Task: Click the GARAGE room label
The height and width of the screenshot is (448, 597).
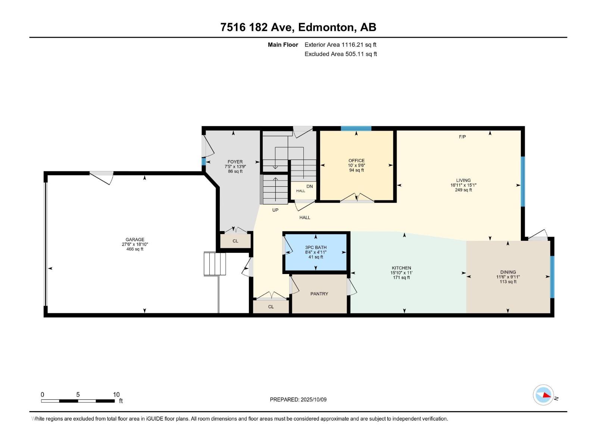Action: click(x=135, y=240)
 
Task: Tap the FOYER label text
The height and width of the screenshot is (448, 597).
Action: click(x=235, y=162)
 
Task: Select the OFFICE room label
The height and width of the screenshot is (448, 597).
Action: click(x=356, y=161)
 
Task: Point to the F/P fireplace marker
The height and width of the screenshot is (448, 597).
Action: click(x=462, y=137)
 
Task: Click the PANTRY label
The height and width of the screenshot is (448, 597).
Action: click(x=319, y=294)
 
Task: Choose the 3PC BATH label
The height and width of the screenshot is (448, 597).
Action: click(x=316, y=248)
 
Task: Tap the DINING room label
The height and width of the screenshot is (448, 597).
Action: click(x=508, y=272)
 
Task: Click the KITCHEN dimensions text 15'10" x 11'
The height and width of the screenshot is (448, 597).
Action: click(x=401, y=273)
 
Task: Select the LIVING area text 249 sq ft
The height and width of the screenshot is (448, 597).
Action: click(x=463, y=190)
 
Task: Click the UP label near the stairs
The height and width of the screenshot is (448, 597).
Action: click(x=275, y=210)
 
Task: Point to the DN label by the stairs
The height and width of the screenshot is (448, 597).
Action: click(x=310, y=186)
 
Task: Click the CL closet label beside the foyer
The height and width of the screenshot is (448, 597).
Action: click(x=235, y=241)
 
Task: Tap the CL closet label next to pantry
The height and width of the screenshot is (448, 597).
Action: click(x=271, y=307)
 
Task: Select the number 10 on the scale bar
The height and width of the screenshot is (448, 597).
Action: click(x=116, y=395)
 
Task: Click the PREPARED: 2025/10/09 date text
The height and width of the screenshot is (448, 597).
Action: click(x=298, y=399)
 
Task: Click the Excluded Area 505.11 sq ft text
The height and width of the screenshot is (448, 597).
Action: click(x=340, y=54)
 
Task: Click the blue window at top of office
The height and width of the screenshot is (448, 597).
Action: click(x=356, y=128)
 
